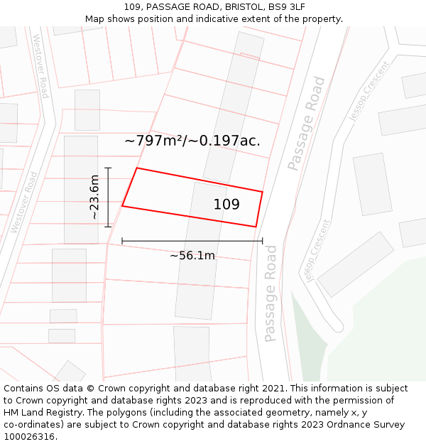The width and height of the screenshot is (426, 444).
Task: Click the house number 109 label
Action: click(x=226, y=205)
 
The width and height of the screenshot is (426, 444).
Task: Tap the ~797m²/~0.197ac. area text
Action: click(x=192, y=141)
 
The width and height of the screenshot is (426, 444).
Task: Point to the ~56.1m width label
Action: click(x=192, y=256)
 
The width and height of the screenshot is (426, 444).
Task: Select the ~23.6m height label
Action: click(x=94, y=197)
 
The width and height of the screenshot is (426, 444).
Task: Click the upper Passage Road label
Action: click(x=306, y=124)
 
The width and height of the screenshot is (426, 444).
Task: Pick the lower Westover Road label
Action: click(x=24, y=202)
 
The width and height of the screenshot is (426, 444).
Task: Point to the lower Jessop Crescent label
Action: click(x=319, y=249)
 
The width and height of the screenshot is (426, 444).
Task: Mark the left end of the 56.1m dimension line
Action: click(x=122, y=241)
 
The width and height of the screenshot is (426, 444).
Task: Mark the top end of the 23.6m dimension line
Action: click(x=108, y=168)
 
